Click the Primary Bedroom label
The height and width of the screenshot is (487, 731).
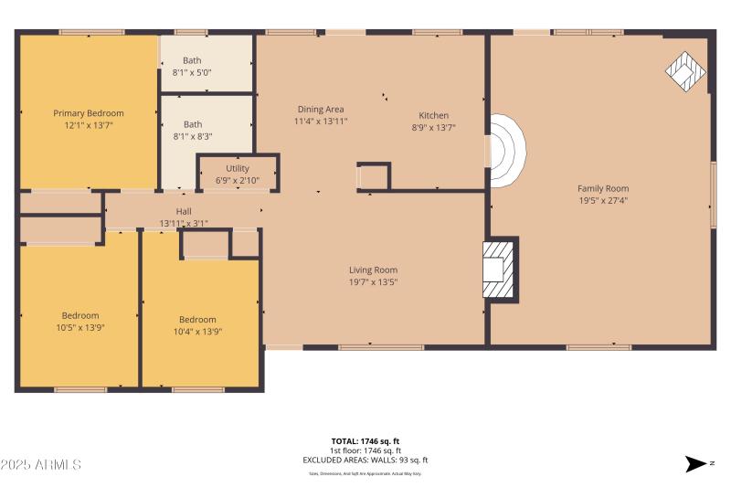pyautogui.click(x=89, y=113)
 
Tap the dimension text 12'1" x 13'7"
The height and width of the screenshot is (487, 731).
pyautogui.click(x=89, y=127)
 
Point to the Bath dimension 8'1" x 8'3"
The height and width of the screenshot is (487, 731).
pyautogui.click(x=192, y=136)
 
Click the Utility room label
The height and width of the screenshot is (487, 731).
pyautogui.click(x=238, y=168)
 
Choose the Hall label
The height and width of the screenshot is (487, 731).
pyautogui.click(x=184, y=211)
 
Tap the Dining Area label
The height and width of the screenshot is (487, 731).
pyautogui.click(x=321, y=109)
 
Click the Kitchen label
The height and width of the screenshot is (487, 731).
pyautogui.click(x=433, y=115)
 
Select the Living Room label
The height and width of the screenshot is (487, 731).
pyautogui.click(x=373, y=270)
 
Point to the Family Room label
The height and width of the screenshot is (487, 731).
pyautogui.click(x=603, y=188)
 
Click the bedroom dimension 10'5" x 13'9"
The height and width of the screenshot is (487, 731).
pyautogui.click(x=80, y=327)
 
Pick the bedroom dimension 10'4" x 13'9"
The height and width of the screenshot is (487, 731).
pyautogui.click(x=197, y=332)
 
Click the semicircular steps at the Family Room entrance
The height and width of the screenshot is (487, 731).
pyautogui.click(x=507, y=151)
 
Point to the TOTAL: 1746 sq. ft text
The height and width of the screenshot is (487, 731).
pyautogui.click(x=365, y=440)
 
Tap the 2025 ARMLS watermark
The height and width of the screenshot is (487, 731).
pyautogui.click(x=41, y=465)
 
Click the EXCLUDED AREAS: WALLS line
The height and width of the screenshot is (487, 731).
pyautogui.click(x=365, y=461)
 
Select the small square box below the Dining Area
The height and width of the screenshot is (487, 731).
pyautogui.click(x=373, y=175)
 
